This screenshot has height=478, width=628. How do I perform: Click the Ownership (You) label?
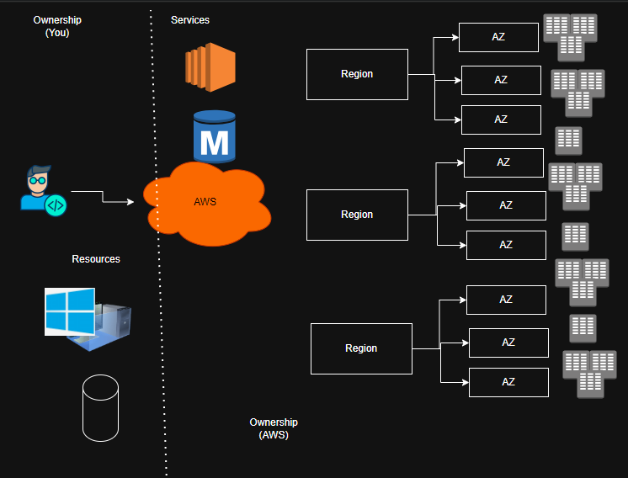point(57,26)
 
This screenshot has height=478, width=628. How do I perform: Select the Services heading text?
point(189,19)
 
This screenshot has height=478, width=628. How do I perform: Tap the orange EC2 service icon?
point(210,66)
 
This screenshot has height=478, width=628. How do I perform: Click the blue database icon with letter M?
point(214,136)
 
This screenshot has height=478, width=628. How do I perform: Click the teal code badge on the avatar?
point(56,204)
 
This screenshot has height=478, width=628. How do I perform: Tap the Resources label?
point(96,259)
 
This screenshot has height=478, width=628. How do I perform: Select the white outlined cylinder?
point(100,407)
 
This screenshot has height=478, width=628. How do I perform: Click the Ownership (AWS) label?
point(274,428)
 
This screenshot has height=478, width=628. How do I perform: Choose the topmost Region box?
point(357,74)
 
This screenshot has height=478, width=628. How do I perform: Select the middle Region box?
point(357,215)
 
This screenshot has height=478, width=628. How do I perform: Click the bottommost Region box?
point(361,348)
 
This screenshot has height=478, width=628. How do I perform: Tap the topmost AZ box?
point(498,37)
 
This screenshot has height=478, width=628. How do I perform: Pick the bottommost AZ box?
point(508,382)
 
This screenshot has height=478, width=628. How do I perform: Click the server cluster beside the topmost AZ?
point(572,37)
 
